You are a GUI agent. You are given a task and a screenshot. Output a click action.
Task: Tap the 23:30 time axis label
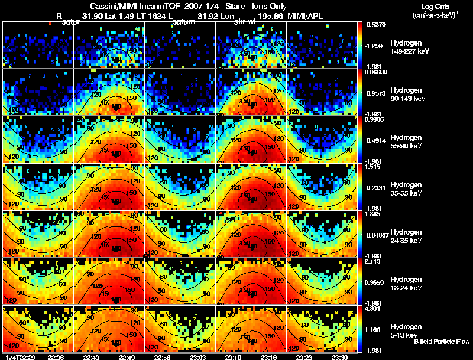[x=339, y=356]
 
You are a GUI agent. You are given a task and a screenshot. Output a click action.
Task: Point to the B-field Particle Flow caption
[x=440, y=341]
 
